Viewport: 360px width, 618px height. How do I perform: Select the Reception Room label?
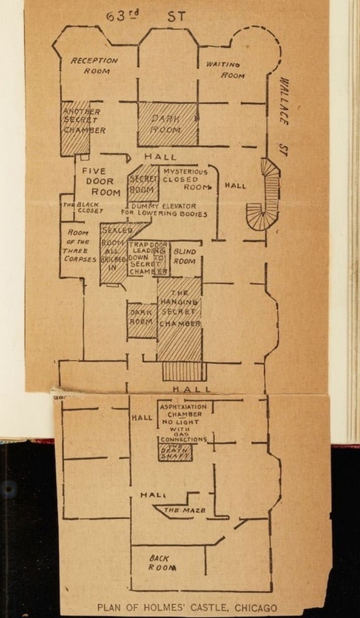[94, 65]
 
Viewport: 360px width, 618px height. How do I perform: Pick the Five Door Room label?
[98, 181]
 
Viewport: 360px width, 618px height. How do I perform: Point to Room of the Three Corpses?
[79, 246]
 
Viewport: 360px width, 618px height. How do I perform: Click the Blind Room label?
[184, 256]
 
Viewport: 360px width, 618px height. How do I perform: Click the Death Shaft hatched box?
[175, 452]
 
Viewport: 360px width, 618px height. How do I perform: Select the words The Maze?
[184, 510]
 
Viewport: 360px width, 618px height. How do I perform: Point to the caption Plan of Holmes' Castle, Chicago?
[187, 608]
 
